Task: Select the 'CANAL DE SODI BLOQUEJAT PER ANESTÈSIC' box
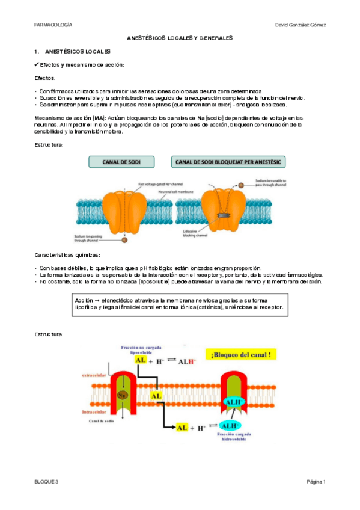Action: click(x=230, y=162)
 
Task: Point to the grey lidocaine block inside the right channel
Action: click(x=224, y=215)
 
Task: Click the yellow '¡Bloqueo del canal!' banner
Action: click(x=239, y=355)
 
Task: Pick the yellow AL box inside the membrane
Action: click(x=156, y=396)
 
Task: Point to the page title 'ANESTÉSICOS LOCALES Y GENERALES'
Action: click(x=180, y=38)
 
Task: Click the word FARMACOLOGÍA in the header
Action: click(x=53, y=25)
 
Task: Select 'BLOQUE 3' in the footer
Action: click(x=47, y=482)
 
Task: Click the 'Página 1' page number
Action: click(x=316, y=482)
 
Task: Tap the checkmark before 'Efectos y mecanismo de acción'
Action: click(x=37, y=65)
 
